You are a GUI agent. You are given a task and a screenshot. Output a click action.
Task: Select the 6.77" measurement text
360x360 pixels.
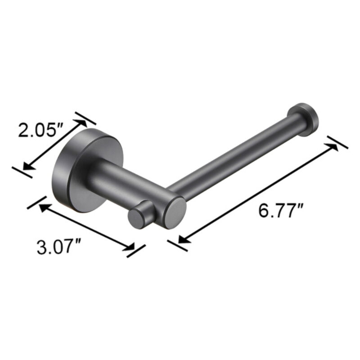coord(281,210)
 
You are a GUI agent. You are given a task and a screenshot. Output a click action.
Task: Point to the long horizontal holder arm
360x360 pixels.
coord(234,153)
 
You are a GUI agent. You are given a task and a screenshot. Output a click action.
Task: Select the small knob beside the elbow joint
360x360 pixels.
coord(138,218)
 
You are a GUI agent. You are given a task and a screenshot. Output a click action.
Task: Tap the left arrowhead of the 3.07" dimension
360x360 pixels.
coord(43,207)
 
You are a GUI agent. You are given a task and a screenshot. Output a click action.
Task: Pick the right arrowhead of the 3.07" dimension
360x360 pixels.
coord(130,247)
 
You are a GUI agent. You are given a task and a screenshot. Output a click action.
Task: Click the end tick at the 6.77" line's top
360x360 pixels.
coord(337,142)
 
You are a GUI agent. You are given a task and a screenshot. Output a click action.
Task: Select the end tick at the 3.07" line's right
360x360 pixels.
coord(136,251)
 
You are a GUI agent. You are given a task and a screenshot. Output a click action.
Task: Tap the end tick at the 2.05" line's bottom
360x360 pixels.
coord(22,171)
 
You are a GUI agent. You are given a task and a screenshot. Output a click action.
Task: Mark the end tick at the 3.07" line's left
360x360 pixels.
coord(37,202)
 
